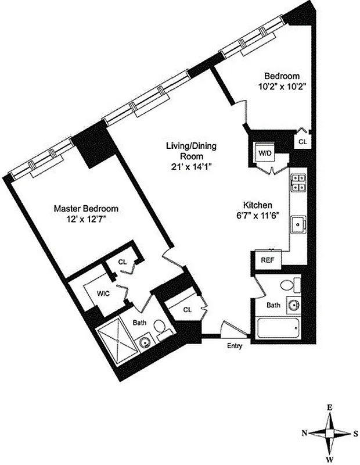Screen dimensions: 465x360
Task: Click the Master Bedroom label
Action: [x=86, y=208]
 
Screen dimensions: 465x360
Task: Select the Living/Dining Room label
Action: [x=190, y=151]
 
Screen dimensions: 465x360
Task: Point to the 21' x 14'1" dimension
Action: [x=190, y=166]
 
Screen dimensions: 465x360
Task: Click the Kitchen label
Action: [x=258, y=205]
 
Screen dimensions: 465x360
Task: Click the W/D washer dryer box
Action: [x=264, y=153]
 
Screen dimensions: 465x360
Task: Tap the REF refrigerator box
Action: [x=268, y=260]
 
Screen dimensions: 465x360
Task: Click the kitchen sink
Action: [x=299, y=223]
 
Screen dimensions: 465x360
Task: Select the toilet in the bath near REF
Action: [x=289, y=285]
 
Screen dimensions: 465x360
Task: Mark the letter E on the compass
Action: [x=329, y=408]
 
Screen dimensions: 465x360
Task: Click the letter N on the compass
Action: [x=304, y=433]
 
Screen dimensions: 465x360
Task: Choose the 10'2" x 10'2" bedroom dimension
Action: [x=282, y=86]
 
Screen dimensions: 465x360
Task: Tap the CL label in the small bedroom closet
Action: [x=303, y=141]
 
